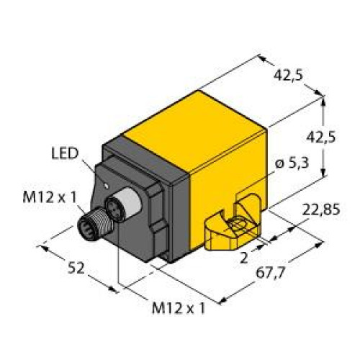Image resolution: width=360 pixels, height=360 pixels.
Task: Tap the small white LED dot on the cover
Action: click(x=107, y=185)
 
